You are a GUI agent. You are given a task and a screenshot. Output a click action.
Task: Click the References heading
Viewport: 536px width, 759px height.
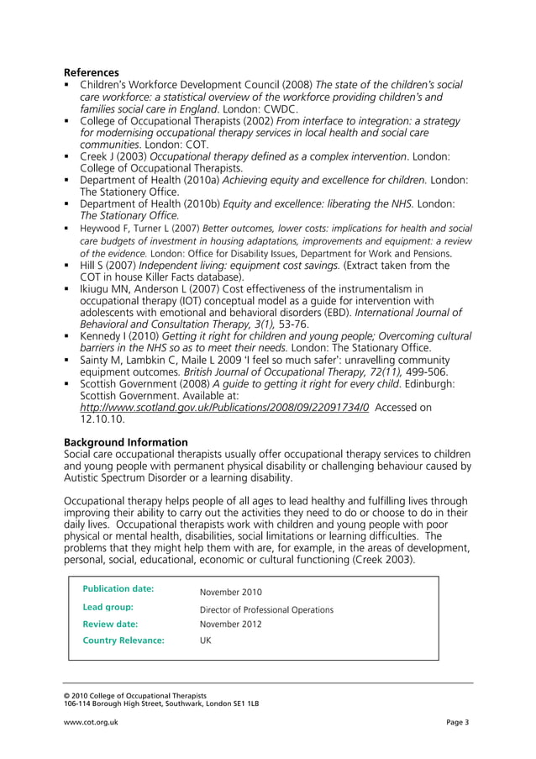[x=92, y=72]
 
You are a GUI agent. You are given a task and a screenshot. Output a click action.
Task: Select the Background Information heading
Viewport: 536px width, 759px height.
[x=126, y=442]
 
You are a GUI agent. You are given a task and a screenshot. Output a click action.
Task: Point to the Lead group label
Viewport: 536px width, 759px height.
[x=109, y=607]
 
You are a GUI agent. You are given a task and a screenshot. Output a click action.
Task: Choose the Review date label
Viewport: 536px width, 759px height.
[x=110, y=625]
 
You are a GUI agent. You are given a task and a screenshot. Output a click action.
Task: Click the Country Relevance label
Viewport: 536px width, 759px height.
[x=123, y=640]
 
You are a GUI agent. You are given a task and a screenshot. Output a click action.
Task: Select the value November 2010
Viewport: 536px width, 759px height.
[x=231, y=592]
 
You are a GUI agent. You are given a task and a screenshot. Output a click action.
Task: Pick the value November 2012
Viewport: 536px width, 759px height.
[x=231, y=625]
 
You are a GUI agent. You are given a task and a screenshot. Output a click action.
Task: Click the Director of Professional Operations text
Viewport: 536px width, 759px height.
[x=266, y=609]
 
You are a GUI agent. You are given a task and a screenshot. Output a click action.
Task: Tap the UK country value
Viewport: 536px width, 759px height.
[x=206, y=640]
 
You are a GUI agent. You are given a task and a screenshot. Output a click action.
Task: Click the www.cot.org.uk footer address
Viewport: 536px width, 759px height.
[x=91, y=723]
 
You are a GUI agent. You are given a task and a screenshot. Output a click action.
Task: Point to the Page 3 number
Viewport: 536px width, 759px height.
[x=458, y=723]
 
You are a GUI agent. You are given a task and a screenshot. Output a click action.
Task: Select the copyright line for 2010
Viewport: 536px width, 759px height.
[x=135, y=696]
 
